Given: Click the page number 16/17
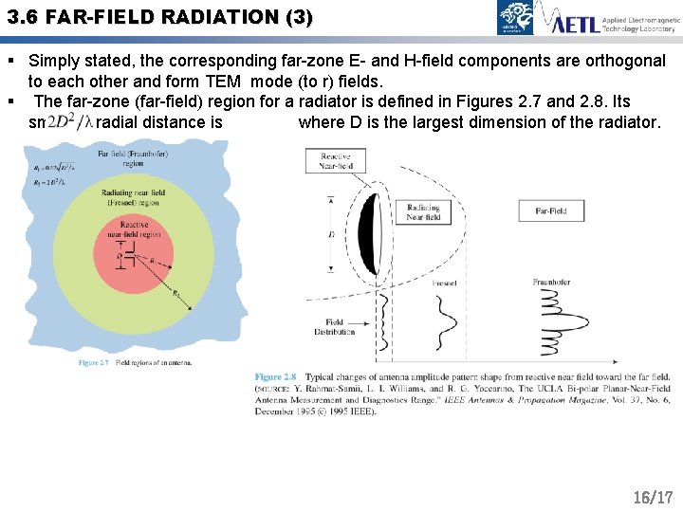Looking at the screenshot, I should (x=653, y=497).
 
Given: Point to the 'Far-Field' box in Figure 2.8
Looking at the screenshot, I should (x=551, y=210).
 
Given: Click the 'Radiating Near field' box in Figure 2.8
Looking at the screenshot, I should (x=423, y=211).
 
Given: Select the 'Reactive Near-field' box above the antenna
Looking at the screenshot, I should (x=336, y=161).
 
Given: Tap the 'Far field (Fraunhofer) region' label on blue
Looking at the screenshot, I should (x=133, y=157).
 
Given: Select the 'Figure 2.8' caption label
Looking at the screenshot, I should (x=276, y=377).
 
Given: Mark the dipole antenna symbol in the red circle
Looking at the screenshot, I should (x=130, y=255).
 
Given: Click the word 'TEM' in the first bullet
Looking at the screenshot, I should (x=224, y=82).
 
